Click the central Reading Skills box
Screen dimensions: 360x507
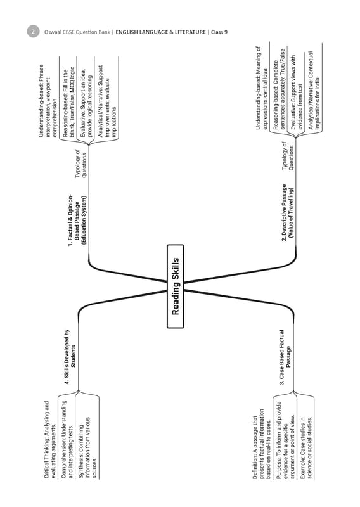pos(176,286)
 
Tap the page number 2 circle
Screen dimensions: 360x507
pos(33,32)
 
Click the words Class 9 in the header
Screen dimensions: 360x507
pos(219,32)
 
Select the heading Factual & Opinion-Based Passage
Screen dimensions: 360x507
pos(77,221)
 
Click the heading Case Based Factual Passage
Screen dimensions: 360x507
pos(285,357)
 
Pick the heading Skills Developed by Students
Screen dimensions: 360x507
pos(70,357)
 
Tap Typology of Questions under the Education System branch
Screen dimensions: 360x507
pos(81,164)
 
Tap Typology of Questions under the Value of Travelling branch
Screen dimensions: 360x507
pos(288,156)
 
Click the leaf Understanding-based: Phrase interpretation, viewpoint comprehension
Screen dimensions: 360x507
pos(48,101)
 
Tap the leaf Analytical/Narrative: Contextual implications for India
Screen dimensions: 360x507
pos(314,91)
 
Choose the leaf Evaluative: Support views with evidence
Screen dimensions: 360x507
pos(296,93)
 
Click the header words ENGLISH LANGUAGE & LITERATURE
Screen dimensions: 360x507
pos(160,32)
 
